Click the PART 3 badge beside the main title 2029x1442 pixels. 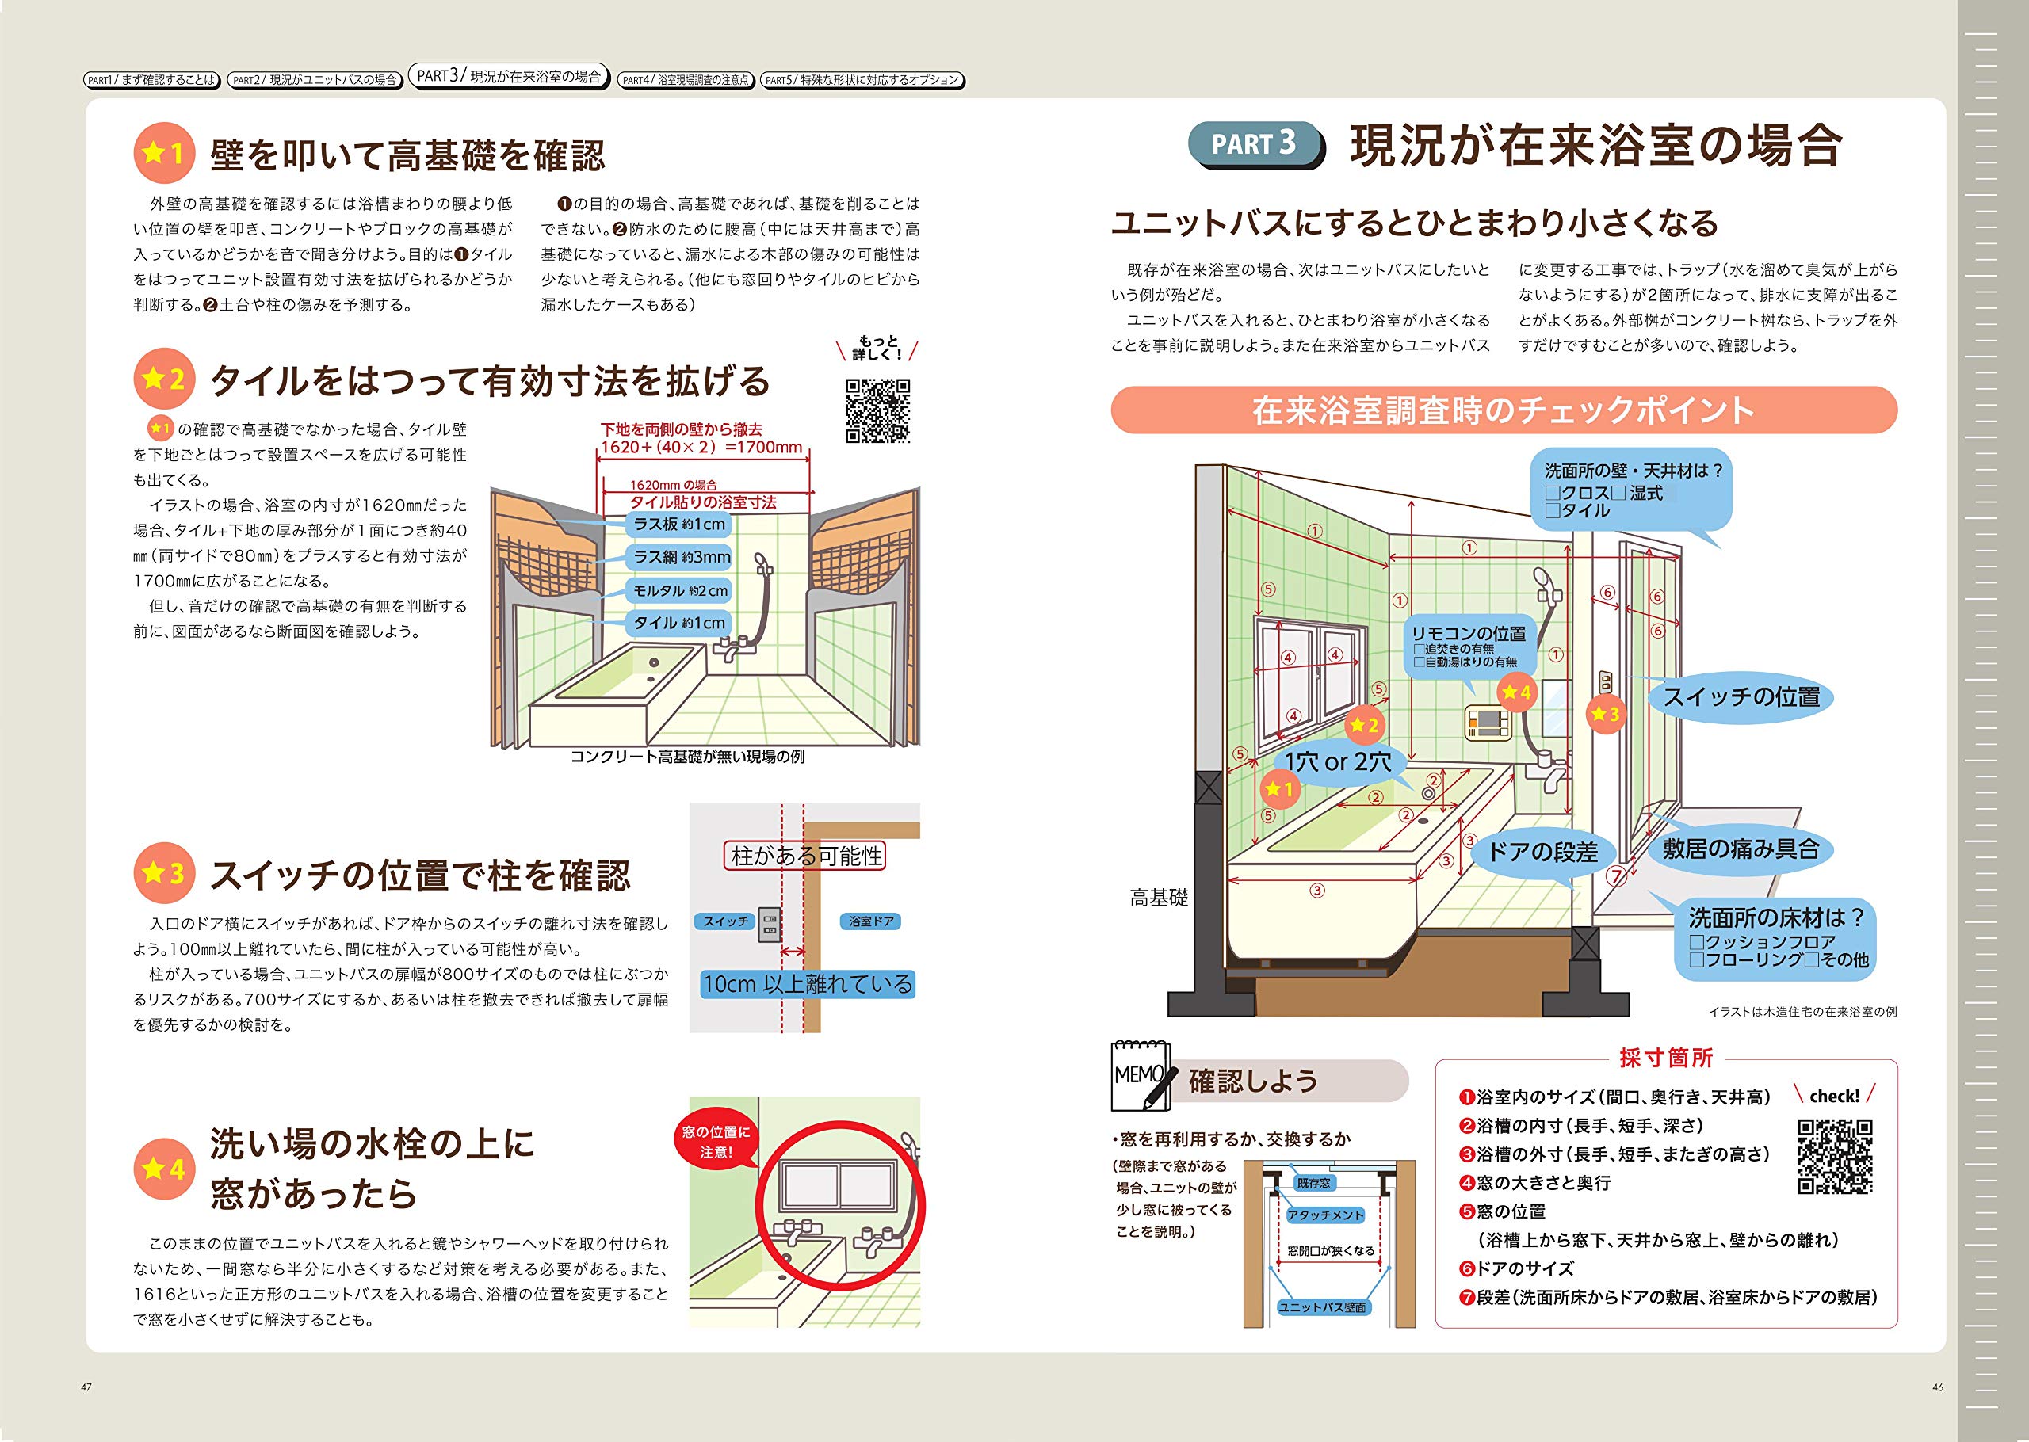1254,144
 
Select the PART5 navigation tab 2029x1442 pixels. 862,80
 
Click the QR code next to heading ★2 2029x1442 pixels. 877,410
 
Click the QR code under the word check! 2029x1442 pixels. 1835,1156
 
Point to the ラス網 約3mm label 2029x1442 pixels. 680,558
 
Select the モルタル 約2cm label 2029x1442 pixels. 680,590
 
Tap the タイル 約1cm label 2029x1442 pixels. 680,624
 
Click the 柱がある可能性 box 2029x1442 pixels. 805,856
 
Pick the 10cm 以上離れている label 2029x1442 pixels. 807,984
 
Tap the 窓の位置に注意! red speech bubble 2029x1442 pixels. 716,1142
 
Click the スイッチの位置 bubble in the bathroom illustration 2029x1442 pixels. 1741,697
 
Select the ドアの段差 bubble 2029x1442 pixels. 1542,853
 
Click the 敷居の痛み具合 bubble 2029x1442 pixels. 1741,849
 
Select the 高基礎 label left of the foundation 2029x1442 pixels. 1158,898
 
